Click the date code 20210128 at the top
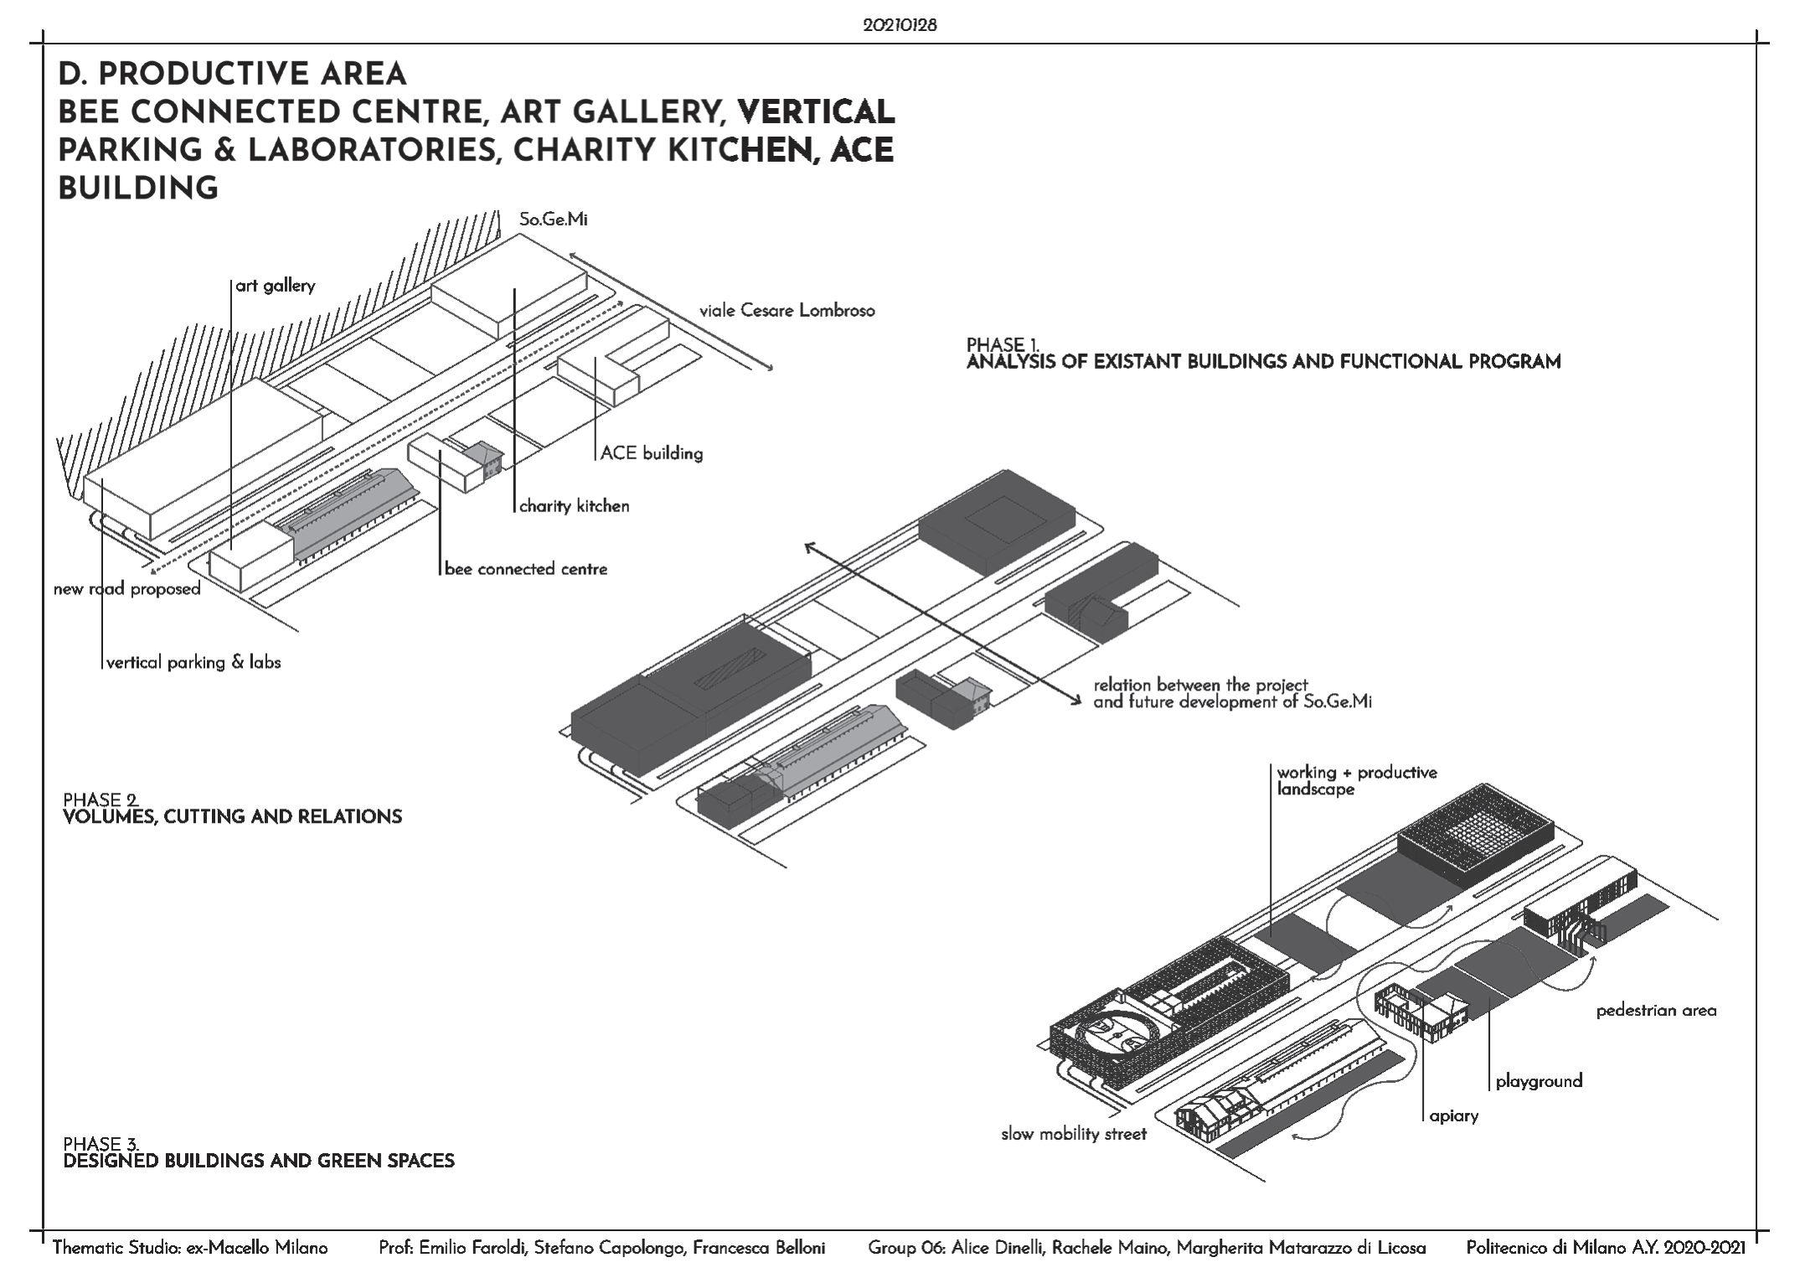(900, 25)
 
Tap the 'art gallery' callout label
(276, 286)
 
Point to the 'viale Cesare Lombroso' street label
(787, 311)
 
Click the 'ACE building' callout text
(652, 453)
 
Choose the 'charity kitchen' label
(575, 506)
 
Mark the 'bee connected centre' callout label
(526, 569)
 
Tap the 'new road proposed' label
(127, 589)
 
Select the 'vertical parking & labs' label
(193, 663)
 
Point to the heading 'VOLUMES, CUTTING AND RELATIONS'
(233, 817)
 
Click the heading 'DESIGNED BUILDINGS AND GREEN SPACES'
(259, 1162)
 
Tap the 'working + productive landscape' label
(1357, 780)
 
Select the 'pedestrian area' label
(1656, 1011)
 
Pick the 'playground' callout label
(1540, 1081)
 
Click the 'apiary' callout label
(1454, 1116)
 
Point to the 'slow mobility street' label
(1074, 1135)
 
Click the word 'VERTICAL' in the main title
(817, 112)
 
